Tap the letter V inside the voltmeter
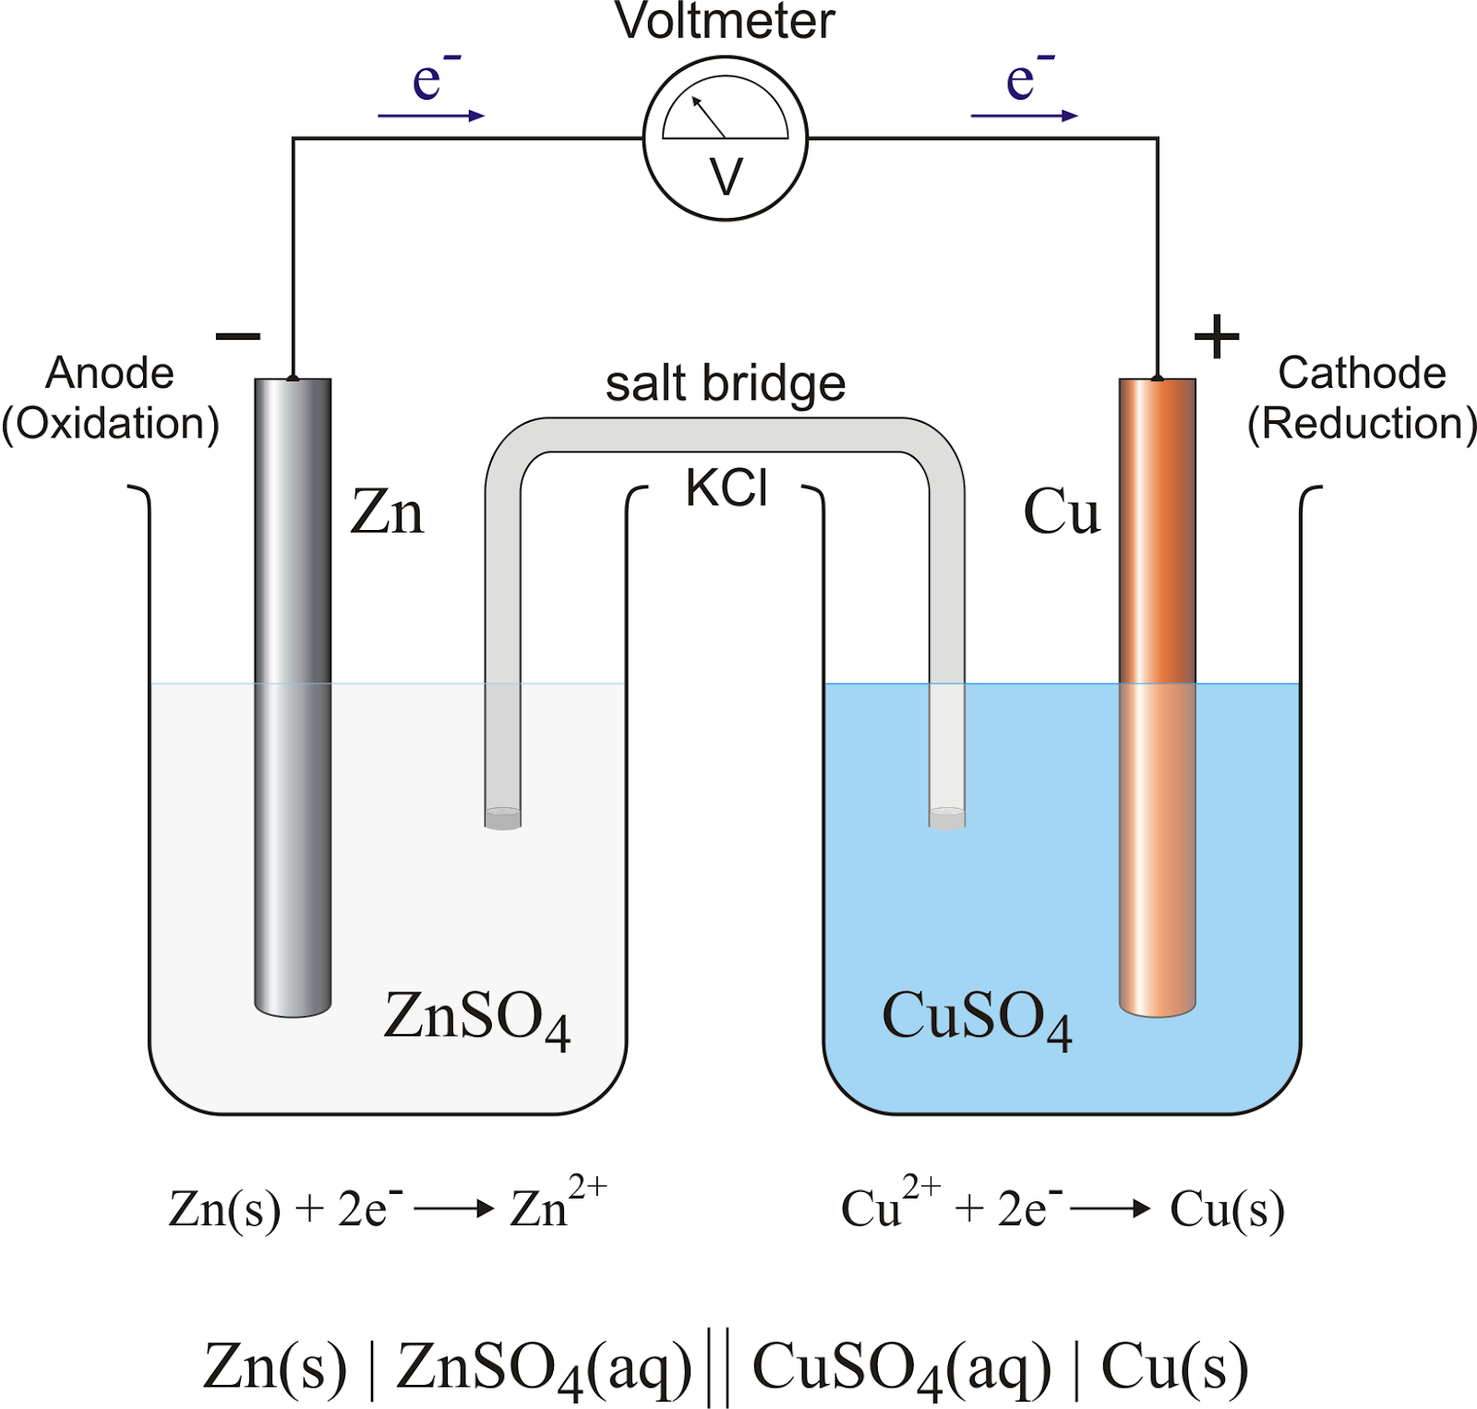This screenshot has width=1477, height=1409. (x=726, y=176)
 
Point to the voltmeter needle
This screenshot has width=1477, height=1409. (x=709, y=117)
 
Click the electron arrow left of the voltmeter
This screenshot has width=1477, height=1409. (x=431, y=115)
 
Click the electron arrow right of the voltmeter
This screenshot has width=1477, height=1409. (x=1024, y=115)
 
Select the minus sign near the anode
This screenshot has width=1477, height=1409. (x=238, y=336)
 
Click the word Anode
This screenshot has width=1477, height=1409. (x=110, y=374)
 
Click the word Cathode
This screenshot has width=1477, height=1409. (x=1362, y=374)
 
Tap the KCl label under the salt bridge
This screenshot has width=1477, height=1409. (x=726, y=488)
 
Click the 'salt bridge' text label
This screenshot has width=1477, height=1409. (x=726, y=384)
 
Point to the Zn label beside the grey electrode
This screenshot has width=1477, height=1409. (x=388, y=512)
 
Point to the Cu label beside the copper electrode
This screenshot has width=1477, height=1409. (x=1062, y=512)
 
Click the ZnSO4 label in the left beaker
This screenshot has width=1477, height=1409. (x=476, y=1018)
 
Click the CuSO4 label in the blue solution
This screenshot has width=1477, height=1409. (x=977, y=1018)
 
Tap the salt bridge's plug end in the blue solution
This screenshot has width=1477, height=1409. (x=947, y=818)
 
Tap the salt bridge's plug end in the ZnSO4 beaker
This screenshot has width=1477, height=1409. (x=503, y=818)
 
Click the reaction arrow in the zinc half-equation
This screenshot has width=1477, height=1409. (x=454, y=1209)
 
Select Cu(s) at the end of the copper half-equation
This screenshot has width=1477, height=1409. (x=1227, y=1209)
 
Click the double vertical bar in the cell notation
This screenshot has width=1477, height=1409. (x=718, y=1367)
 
